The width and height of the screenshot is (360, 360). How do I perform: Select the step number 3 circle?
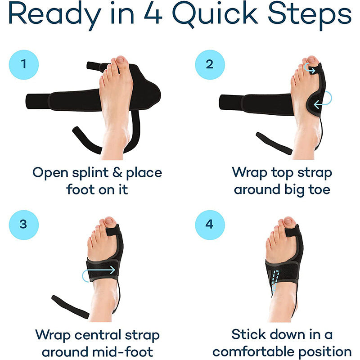pyautogui.click(x=23, y=224)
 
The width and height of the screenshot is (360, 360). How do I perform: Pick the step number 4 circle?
pyautogui.click(x=210, y=224)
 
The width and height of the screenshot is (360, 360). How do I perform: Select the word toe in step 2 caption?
pyautogui.click(x=319, y=189)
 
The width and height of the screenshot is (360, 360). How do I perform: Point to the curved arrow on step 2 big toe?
pyautogui.click(x=309, y=68)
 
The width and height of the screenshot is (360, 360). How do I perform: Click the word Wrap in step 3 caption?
pyautogui.click(x=55, y=335)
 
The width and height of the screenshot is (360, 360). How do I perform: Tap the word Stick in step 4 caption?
pyautogui.click(x=251, y=335)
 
